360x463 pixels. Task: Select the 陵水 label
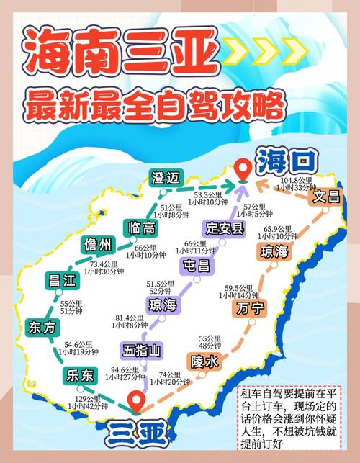pyautogui.click(x=204, y=361)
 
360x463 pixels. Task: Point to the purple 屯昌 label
pyautogui.click(x=197, y=266)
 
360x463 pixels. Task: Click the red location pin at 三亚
pyautogui.click(x=135, y=401)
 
